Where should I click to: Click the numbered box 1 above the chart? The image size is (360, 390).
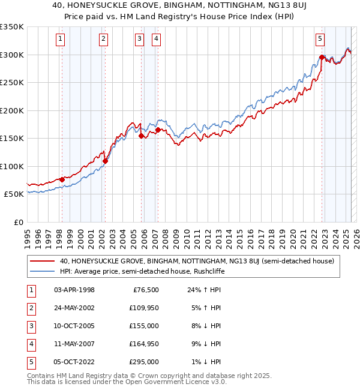click(x=61, y=40)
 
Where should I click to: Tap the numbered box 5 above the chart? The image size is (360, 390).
click(x=320, y=40)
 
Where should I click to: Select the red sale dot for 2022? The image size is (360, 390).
click(x=322, y=58)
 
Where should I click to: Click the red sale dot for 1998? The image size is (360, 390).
click(x=62, y=179)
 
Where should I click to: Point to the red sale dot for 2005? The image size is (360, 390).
click(x=142, y=136)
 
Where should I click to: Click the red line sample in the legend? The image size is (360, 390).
click(x=42, y=260)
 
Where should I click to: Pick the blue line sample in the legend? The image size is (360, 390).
click(x=42, y=271)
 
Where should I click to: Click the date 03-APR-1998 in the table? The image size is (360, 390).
click(x=74, y=290)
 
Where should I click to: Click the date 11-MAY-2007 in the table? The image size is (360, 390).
click(x=74, y=344)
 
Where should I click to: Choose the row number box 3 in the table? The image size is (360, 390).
click(x=30, y=326)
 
